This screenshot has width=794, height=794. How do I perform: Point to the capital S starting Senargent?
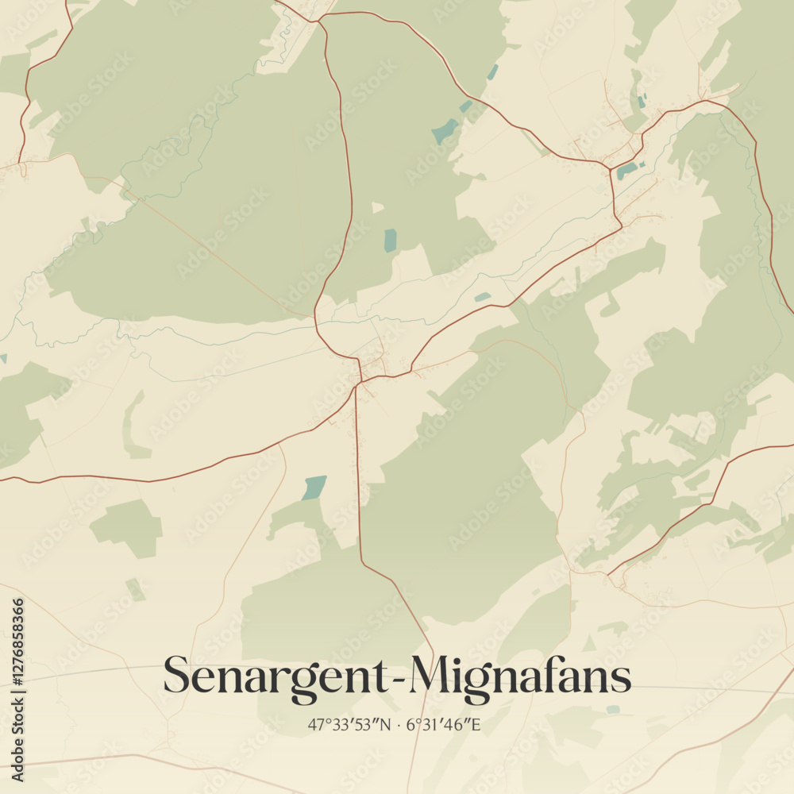point(177,676)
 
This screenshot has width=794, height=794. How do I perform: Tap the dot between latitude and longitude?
point(397,725)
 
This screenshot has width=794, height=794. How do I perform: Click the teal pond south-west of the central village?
point(314,487)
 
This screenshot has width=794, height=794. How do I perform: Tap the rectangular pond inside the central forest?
point(390,240)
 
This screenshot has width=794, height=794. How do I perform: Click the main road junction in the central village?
point(360,382)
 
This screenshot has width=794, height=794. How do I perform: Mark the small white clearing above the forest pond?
point(377,208)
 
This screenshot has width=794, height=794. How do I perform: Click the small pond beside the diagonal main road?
point(482,297)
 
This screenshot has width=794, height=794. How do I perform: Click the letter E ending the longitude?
point(477,725)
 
